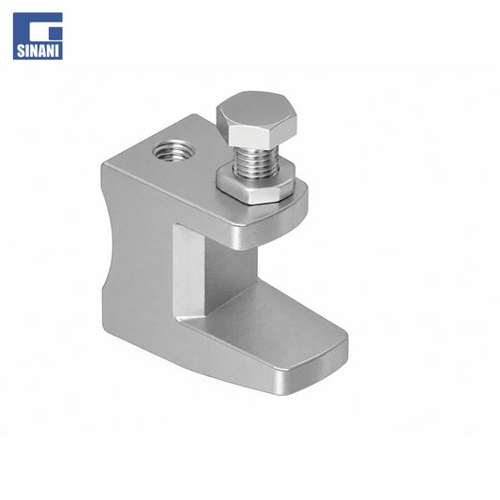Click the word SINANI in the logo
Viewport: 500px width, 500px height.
[38, 51]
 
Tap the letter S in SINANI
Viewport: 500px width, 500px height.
[21, 51]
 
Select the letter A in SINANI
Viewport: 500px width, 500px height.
[42, 51]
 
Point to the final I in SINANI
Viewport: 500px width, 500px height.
[58, 51]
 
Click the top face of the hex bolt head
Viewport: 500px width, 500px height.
[256, 109]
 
